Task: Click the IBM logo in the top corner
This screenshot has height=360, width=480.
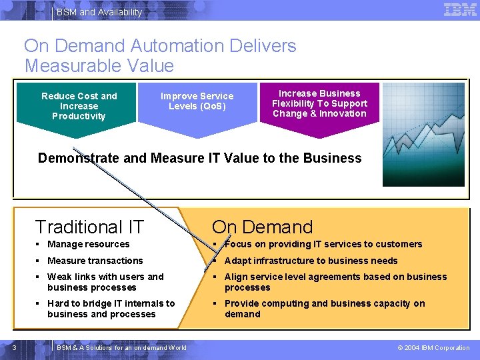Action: (460, 10)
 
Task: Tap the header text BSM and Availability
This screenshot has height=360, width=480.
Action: (99, 12)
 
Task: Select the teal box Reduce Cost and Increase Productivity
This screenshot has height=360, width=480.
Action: (79, 106)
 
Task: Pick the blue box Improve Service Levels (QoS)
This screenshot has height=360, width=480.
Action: (197, 101)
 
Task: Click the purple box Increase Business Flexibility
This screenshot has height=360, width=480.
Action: (319, 103)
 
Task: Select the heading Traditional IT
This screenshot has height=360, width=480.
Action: (89, 227)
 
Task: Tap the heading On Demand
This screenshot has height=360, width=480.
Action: (262, 227)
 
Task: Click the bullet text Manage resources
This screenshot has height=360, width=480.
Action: (88, 244)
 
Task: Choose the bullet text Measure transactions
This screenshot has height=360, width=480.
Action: (95, 261)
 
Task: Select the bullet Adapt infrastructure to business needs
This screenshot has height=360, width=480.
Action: (311, 261)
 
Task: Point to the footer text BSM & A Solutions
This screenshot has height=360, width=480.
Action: (121, 347)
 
